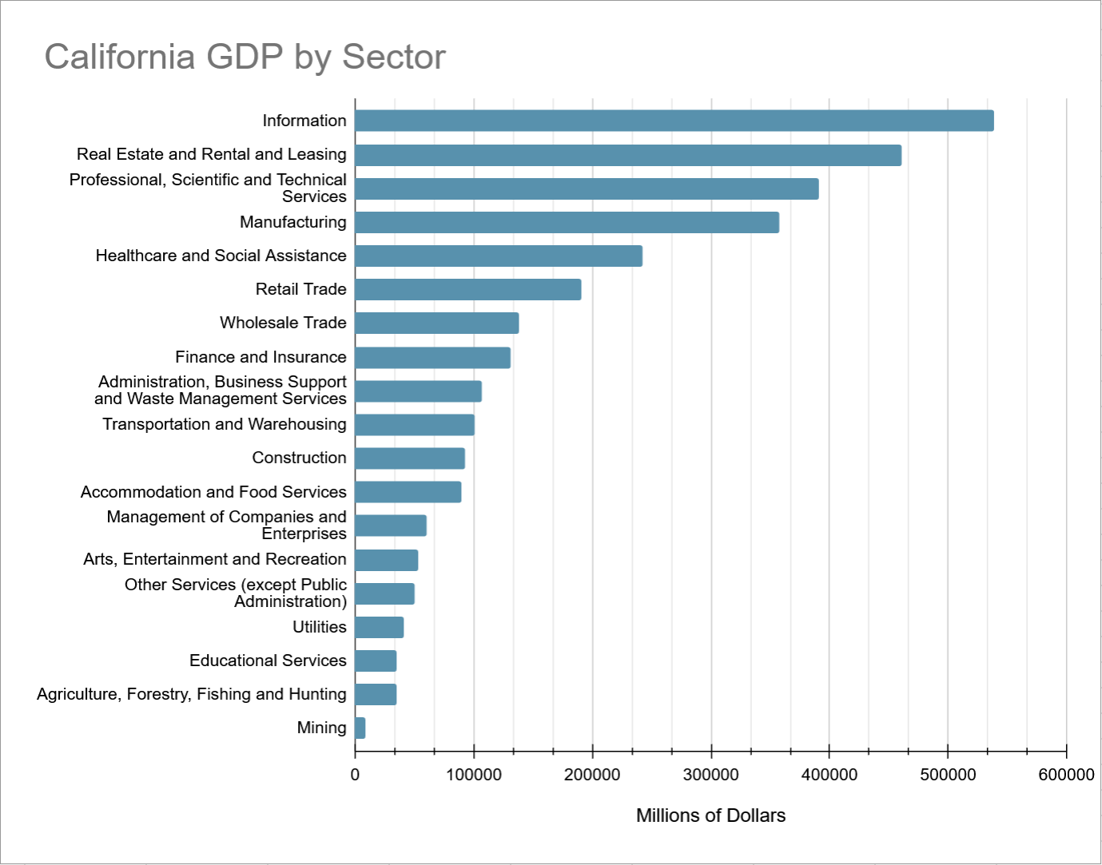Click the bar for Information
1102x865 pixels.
pyautogui.click(x=674, y=121)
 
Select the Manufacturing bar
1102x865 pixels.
pyautogui.click(x=567, y=222)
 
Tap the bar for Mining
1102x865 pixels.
pyautogui.click(x=360, y=728)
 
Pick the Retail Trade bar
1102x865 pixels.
pyautogui.click(x=467, y=289)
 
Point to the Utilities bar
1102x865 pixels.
pyautogui.click(x=379, y=627)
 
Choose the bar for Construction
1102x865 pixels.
pyautogui.click(x=409, y=458)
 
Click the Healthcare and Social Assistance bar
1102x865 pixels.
pyautogui.click(x=498, y=256)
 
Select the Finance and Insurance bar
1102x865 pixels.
pyautogui.click(x=432, y=357)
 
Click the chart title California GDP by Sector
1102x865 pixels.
pyautogui.click(x=245, y=57)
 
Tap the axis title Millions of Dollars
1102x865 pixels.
pyautogui.click(x=710, y=815)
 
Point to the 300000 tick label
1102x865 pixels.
pyautogui.click(x=711, y=775)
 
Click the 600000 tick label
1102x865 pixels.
pyautogui.click(x=1066, y=775)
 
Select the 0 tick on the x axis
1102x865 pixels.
pyautogui.click(x=355, y=775)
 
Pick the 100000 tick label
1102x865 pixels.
pyautogui.click(x=474, y=775)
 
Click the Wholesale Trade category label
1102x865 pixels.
pyautogui.click(x=283, y=323)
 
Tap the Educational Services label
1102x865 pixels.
pyautogui.click(x=268, y=661)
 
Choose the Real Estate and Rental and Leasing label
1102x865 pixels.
pyautogui.click(x=212, y=154)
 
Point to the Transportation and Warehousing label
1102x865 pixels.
pyautogui.click(x=225, y=424)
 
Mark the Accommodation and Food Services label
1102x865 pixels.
pyautogui.click(x=213, y=492)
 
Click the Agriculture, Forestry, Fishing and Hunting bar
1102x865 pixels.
pyautogui.click(x=375, y=694)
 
